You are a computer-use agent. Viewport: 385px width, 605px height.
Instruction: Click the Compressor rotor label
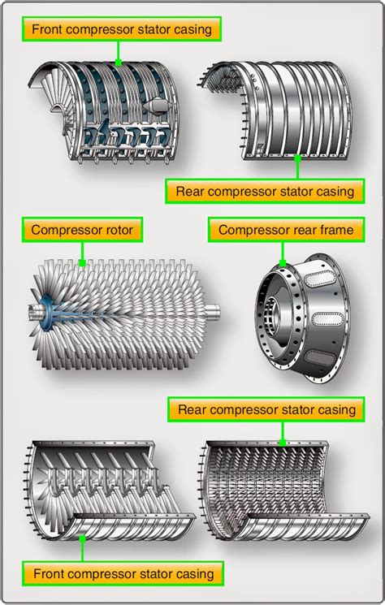click(x=82, y=230)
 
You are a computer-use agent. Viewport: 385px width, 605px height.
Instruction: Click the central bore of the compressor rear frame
click(x=292, y=312)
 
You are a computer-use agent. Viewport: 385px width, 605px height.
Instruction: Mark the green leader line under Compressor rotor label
click(x=82, y=254)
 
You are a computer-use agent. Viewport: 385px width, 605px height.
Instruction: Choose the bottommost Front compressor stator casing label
click(x=123, y=573)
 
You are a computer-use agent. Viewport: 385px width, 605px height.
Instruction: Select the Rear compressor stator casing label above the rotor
click(x=264, y=192)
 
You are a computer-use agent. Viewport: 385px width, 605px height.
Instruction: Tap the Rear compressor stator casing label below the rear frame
click(x=266, y=409)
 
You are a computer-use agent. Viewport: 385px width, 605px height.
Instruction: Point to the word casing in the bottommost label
click(x=195, y=573)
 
